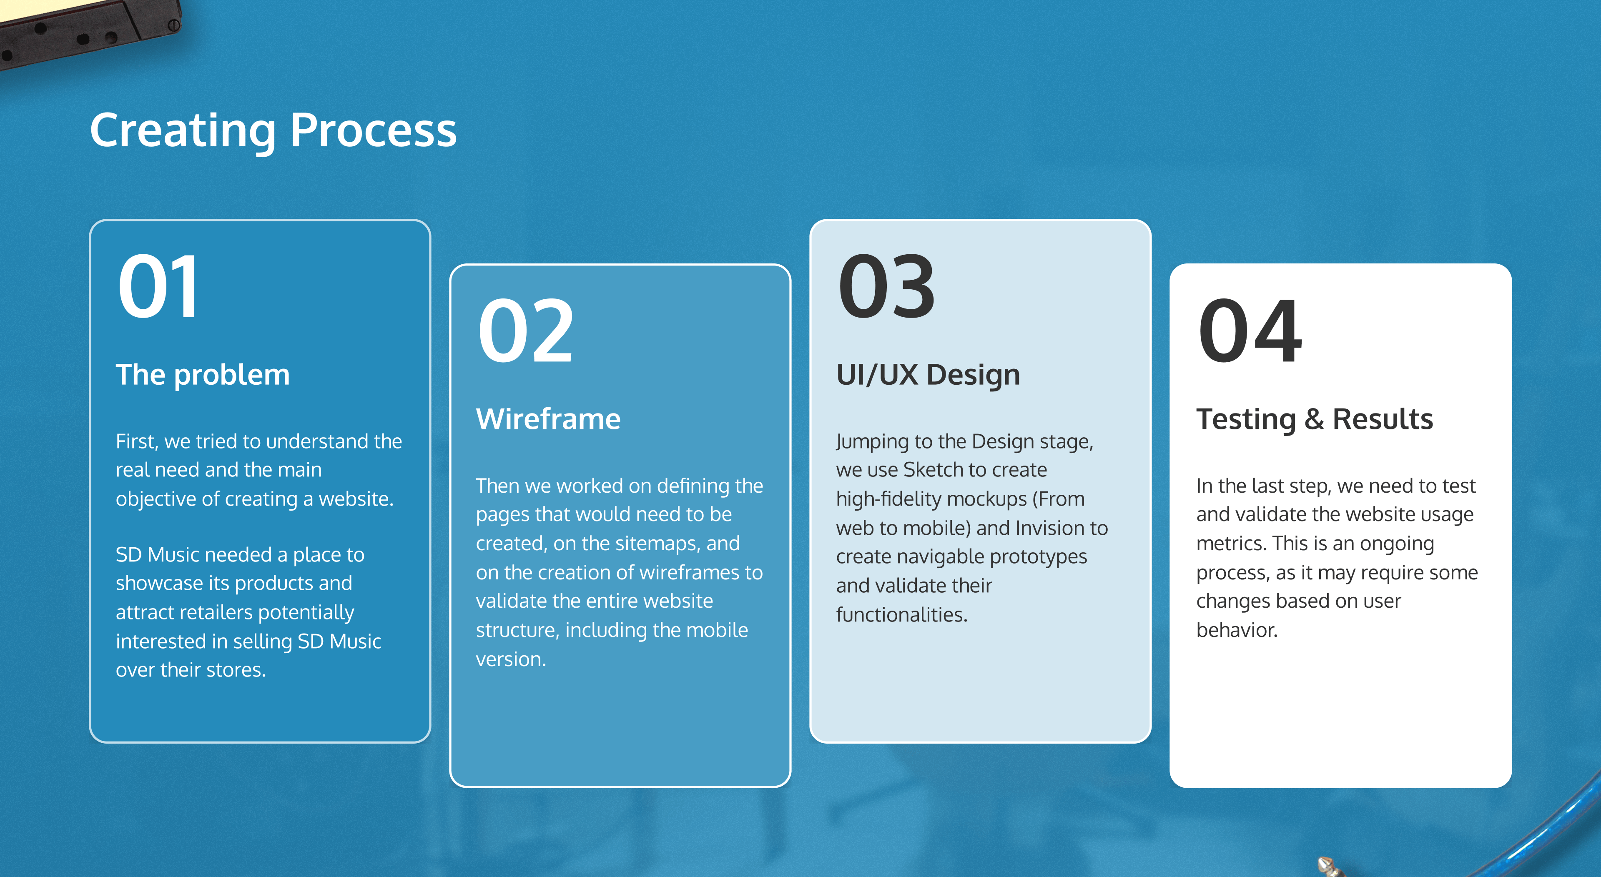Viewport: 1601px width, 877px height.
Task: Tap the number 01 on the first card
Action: [x=159, y=286]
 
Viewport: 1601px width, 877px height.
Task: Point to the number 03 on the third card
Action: [x=886, y=286]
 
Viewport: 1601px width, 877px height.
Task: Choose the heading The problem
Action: [x=203, y=375]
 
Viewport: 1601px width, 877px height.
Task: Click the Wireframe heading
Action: [x=548, y=419]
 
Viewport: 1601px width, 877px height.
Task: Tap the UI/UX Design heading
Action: [x=928, y=375]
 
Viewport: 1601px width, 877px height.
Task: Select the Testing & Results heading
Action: [x=1315, y=419]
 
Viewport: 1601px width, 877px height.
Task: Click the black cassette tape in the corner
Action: [x=87, y=28]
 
